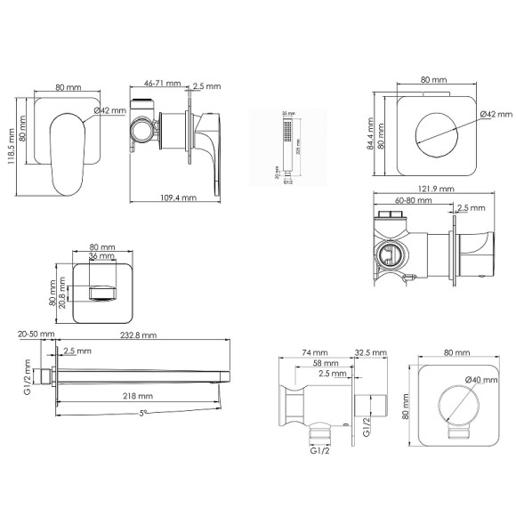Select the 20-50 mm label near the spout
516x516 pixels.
35,335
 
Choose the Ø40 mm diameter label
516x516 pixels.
483,381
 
